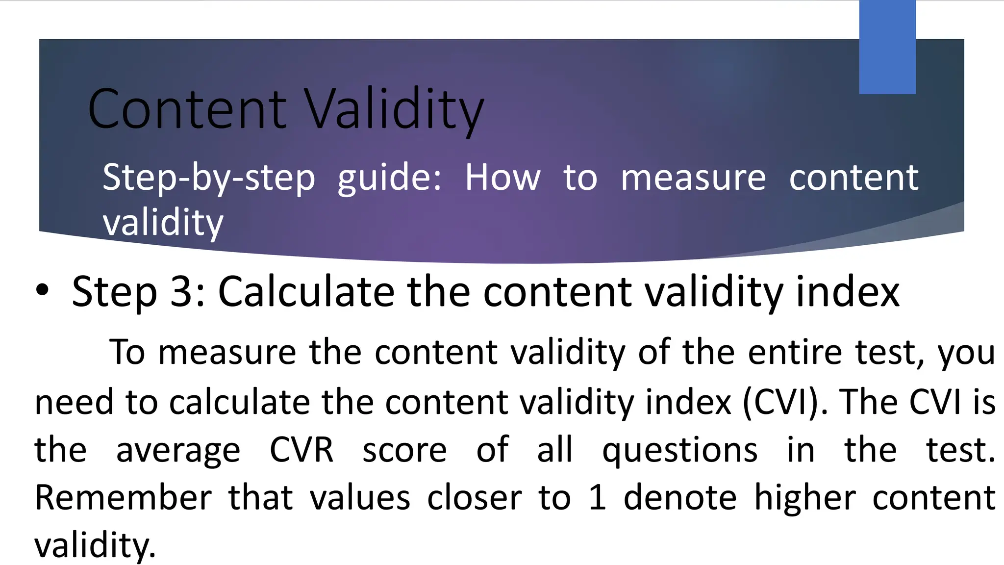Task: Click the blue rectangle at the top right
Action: (887, 47)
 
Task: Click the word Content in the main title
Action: (187, 109)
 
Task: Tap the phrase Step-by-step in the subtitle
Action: (209, 178)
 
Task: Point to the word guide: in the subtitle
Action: (390, 178)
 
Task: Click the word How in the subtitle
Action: (502, 178)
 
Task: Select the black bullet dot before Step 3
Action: (43, 290)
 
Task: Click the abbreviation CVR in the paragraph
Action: (301, 450)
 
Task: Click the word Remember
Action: (123, 498)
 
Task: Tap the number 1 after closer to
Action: (597, 498)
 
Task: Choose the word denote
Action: (680, 498)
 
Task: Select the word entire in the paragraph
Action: (795, 352)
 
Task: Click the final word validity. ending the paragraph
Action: (95, 545)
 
